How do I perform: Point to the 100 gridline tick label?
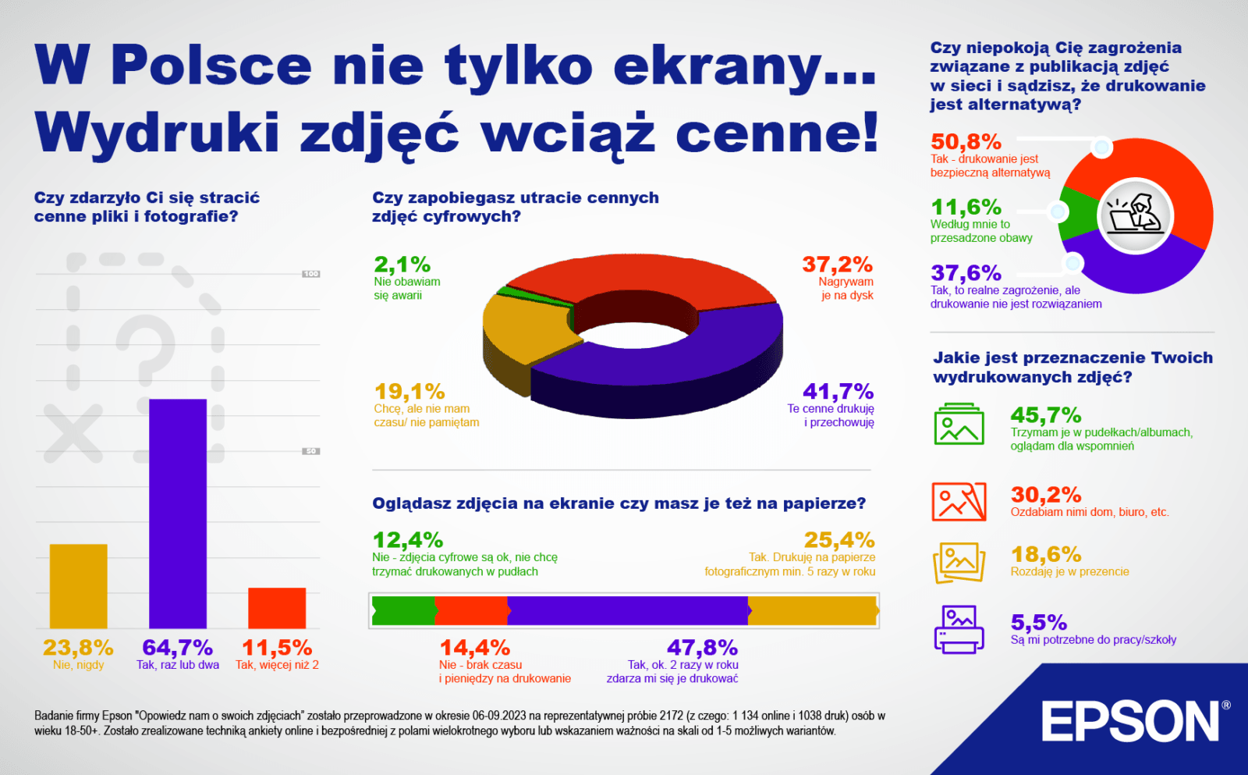[x=311, y=274]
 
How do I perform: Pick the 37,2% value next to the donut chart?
[x=837, y=265]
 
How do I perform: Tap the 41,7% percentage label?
[x=838, y=391]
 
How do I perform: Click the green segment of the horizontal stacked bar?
[x=403, y=611]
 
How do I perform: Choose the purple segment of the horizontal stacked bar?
[x=627, y=611]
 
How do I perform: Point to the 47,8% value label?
[x=702, y=648]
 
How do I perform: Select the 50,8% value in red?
[x=966, y=142]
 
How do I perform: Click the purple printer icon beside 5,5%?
[x=959, y=629]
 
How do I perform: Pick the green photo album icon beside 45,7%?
[x=959, y=425]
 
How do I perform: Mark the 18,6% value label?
[x=1046, y=555]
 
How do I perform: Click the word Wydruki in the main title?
[x=157, y=133]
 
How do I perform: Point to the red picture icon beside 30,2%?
[x=959, y=501]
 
